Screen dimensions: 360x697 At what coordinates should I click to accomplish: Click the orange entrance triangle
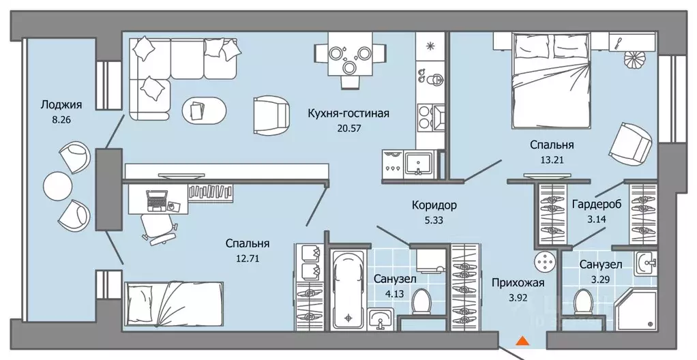522,340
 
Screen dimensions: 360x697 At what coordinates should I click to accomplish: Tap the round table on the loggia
57,185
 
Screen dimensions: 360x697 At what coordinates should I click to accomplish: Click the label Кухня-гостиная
348,113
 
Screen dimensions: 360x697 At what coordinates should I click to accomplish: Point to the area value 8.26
56,119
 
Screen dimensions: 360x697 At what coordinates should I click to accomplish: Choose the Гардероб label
597,205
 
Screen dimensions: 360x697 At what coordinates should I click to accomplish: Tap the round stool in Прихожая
544,260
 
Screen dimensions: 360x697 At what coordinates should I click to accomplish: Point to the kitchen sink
417,164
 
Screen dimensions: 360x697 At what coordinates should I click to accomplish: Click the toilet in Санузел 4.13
421,301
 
